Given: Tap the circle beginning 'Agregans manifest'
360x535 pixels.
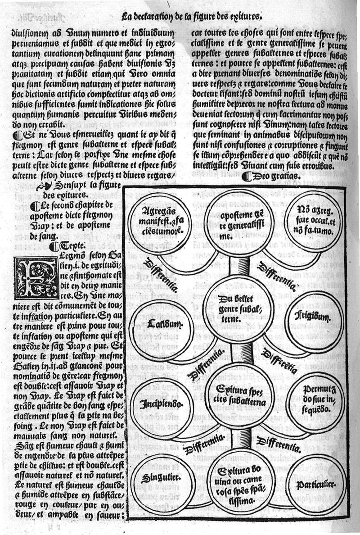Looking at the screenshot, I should (156, 221).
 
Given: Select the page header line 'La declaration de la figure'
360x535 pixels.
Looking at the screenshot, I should (192, 18).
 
